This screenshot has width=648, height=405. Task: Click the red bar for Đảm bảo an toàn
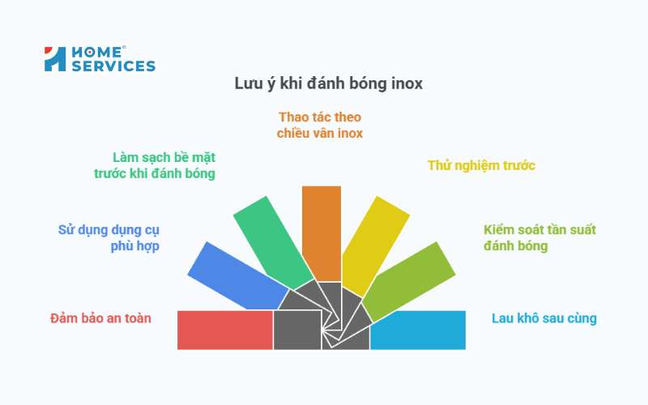coord(225,330)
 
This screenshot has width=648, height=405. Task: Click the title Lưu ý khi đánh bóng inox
coord(328,83)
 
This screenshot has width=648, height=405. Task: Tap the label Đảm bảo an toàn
coord(100,318)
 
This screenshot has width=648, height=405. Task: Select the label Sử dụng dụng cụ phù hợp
coord(109,237)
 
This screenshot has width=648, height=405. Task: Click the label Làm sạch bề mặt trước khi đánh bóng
coord(155,164)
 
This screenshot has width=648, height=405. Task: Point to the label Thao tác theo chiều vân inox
coord(320,125)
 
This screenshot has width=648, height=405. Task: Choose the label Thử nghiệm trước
coord(481,165)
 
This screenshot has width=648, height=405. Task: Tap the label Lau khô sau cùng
coord(544,318)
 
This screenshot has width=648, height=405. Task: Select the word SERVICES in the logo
coord(113,66)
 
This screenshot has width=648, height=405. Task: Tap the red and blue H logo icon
coord(54,59)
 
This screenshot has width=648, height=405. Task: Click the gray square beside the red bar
coord(297,330)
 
